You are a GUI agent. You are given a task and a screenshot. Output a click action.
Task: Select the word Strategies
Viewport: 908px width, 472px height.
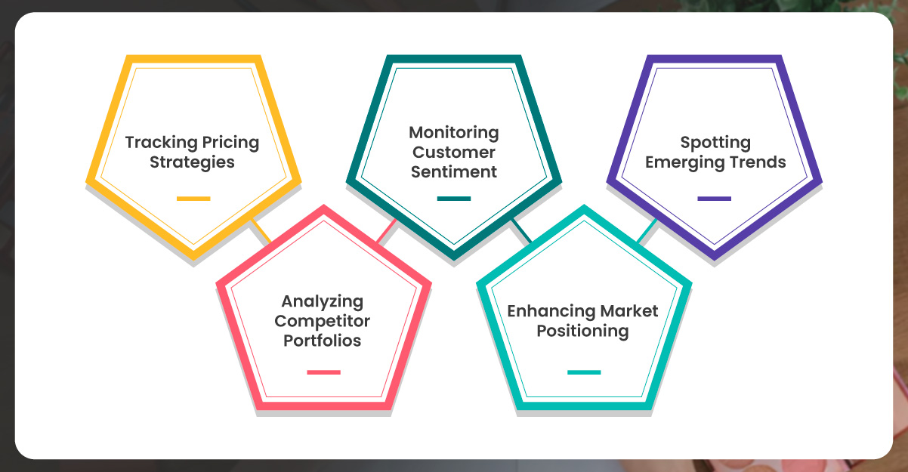[192, 162]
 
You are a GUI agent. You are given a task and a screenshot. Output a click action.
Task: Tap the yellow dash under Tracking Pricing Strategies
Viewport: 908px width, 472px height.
[193, 199]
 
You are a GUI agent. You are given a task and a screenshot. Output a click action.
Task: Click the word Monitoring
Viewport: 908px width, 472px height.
[454, 133]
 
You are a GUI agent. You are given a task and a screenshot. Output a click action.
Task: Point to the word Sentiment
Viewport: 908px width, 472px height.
[454, 172]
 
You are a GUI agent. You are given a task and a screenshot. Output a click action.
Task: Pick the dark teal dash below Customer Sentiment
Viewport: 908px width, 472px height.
[453, 199]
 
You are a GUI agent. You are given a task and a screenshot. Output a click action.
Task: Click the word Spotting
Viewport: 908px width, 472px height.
[715, 143]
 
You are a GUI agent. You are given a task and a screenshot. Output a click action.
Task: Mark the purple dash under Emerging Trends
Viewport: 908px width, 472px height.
[714, 199]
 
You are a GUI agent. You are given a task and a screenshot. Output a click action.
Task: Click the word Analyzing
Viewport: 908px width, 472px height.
[323, 301]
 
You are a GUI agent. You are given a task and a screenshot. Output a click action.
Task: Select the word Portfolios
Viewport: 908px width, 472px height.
[323, 341]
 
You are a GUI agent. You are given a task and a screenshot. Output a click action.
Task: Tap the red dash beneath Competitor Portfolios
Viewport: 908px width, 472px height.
[323, 372]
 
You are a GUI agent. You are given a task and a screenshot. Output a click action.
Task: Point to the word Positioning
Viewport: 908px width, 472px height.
[582, 331]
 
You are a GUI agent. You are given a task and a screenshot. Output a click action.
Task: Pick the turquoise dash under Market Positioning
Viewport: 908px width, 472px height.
[584, 372]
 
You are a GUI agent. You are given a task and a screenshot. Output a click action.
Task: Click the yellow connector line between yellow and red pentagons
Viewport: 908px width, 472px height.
[261, 232]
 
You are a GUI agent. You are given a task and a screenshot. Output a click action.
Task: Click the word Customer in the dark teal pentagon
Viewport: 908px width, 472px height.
[454, 153]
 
